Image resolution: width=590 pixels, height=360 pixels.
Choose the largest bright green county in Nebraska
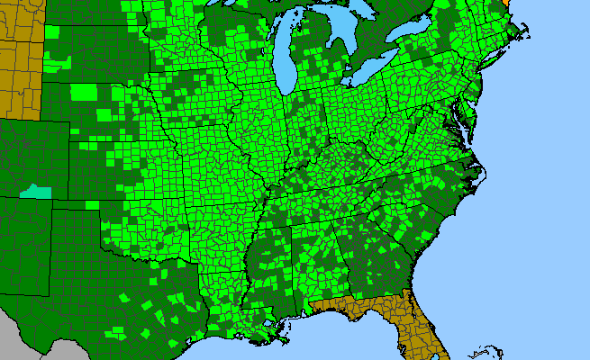tap(83, 91)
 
